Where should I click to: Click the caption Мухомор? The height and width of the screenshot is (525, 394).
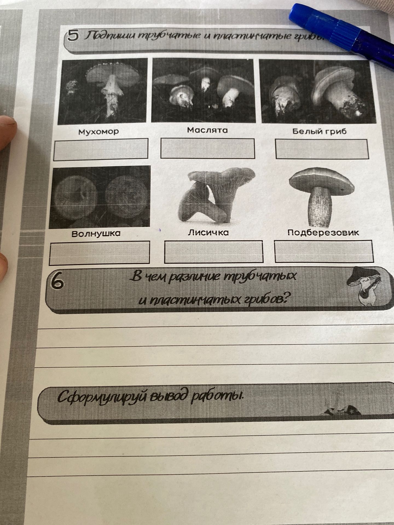[99, 132]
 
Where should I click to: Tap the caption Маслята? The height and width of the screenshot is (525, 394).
[207, 130]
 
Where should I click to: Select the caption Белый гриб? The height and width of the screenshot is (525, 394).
[320, 132]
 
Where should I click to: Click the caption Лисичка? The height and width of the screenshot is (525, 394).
[208, 233]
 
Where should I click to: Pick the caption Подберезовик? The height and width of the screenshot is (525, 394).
[323, 233]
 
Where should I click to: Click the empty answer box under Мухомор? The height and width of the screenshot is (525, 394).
[101, 149]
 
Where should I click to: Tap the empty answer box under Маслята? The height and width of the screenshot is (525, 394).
[207, 148]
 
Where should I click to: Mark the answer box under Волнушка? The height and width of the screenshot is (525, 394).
[100, 253]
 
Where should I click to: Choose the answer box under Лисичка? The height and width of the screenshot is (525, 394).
[213, 252]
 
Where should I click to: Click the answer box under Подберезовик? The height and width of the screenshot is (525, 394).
[323, 251]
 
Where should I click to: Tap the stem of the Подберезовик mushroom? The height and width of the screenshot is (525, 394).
[321, 207]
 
